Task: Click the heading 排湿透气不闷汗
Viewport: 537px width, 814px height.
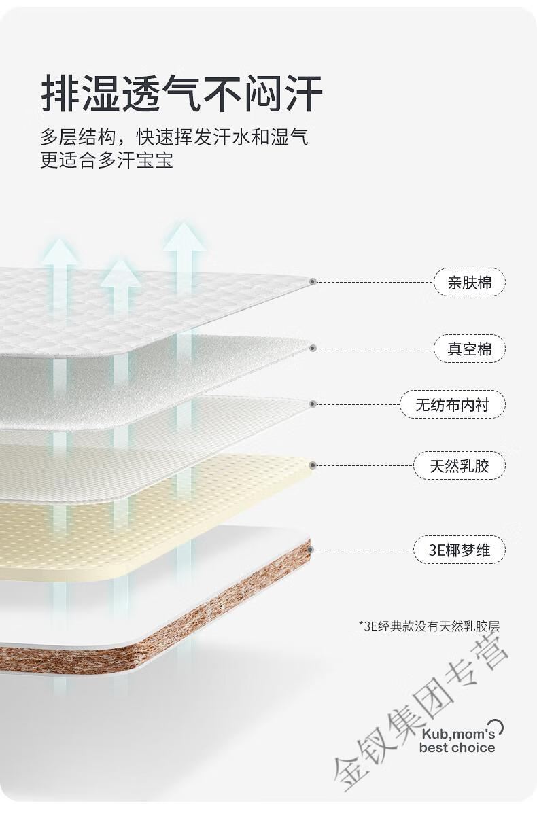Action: (x=181, y=94)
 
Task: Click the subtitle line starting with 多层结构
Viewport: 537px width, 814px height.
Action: (x=175, y=137)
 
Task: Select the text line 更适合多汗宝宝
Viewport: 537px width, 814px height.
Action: (x=107, y=160)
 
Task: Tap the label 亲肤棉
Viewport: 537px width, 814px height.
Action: (x=470, y=283)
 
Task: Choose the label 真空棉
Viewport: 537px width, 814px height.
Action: (x=470, y=349)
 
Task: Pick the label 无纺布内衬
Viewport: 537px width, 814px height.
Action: (x=452, y=404)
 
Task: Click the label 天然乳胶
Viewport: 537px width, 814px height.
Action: (x=459, y=465)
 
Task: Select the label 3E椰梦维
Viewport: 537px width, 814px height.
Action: (x=459, y=550)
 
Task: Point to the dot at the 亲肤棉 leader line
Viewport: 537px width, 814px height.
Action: (x=313, y=282)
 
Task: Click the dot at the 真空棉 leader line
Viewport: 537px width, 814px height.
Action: (x=313, y=349)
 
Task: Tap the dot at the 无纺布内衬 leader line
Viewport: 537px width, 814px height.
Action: (x=313, y=404)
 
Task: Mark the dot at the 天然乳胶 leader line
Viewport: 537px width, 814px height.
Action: (x=313, y=465)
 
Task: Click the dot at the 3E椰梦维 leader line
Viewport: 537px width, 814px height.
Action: (x=312, y=549)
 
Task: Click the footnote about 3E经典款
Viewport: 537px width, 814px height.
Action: (x=429, y=626)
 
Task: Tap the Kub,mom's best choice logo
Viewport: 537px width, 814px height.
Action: (x=459, y=738)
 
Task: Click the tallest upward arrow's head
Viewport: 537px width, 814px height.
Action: (x=184, y=238)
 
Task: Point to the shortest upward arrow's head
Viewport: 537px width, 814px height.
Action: (x=121, y=274)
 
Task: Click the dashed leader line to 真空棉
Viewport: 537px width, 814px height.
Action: (x=375, y=349)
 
